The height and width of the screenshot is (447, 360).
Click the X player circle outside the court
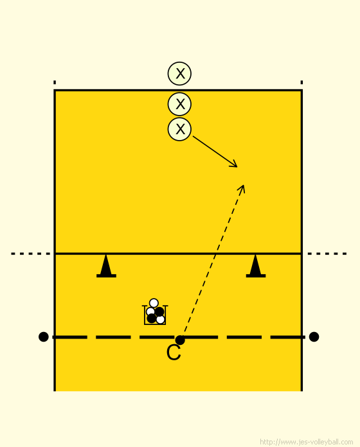pyautogui.click(x=179, y=74)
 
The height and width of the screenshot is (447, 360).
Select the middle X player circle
pyautogui.click(x=179, y=104)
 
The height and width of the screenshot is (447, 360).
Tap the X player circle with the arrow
pyautogui.click(x=179, y=129)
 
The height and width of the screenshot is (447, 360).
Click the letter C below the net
pyautogui.click(x=174, y=353)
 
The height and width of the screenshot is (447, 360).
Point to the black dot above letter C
pyautogui.click(x=180, y=340)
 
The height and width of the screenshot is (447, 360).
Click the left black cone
pyautogui.click(x=106, y=266)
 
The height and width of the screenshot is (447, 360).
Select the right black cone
pyautogui.click(x=256, y=266)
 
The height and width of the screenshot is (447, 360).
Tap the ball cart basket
pyautogui.click(x=155, y=315)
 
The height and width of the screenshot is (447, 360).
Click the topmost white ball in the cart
pyautogui.click(x=154, y=302)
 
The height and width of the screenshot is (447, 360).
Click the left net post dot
pyautogui.click(x=43, y=337)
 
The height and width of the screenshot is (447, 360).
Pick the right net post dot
pyautogui.click(x=314, y=337)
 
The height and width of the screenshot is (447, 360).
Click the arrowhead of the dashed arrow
pyautogui.click(x=242, y=189)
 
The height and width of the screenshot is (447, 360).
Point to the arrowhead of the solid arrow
pyautogui.click(x=234, y=164)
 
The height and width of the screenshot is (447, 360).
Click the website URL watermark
pyautogui.click(x=307, y=442)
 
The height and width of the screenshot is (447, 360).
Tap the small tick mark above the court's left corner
pyautogui.click(x=55, y=82)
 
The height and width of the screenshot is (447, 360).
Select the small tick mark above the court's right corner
pyautogui.click(x=301, y=82)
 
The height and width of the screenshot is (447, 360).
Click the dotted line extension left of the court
pyautogui.click(x=30, y=254)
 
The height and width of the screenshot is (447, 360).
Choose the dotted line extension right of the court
pyautogui.click(x=327, y=254)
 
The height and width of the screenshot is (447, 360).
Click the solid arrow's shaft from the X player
pyautogui.click(x=215, y=152)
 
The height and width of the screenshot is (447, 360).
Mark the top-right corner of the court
pyautogui.click(x=301, y=91)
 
